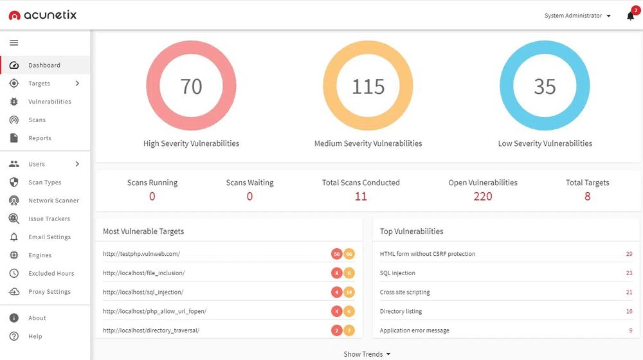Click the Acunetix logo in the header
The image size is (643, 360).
pos(42,15)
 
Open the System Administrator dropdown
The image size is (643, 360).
pos(577,15)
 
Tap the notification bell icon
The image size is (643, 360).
pos(630,16)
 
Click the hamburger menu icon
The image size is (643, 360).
pos(14,43)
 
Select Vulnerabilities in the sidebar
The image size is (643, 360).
pos(50,102)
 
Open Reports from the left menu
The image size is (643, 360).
pos(39,138)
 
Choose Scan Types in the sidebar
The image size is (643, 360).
pos(44,183)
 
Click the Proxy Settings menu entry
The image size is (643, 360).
pos(49,292)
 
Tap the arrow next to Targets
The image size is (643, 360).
pos(77,84)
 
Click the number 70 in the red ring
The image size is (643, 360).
pos(191,86)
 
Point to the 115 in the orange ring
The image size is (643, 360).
pos(368,86)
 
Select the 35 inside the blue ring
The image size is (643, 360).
pos(545,86)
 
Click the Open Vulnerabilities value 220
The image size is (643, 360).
pos(482,197)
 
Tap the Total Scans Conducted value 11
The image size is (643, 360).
pos(361,197)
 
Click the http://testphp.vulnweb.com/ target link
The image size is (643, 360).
pos(141,254)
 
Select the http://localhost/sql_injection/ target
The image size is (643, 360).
pos(143,292)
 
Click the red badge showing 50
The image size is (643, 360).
pos(336,254)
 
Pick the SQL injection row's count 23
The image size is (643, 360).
pos(629,273)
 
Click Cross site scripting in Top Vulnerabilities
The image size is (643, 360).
pos(404,292)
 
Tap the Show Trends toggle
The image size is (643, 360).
pos(367,354)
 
